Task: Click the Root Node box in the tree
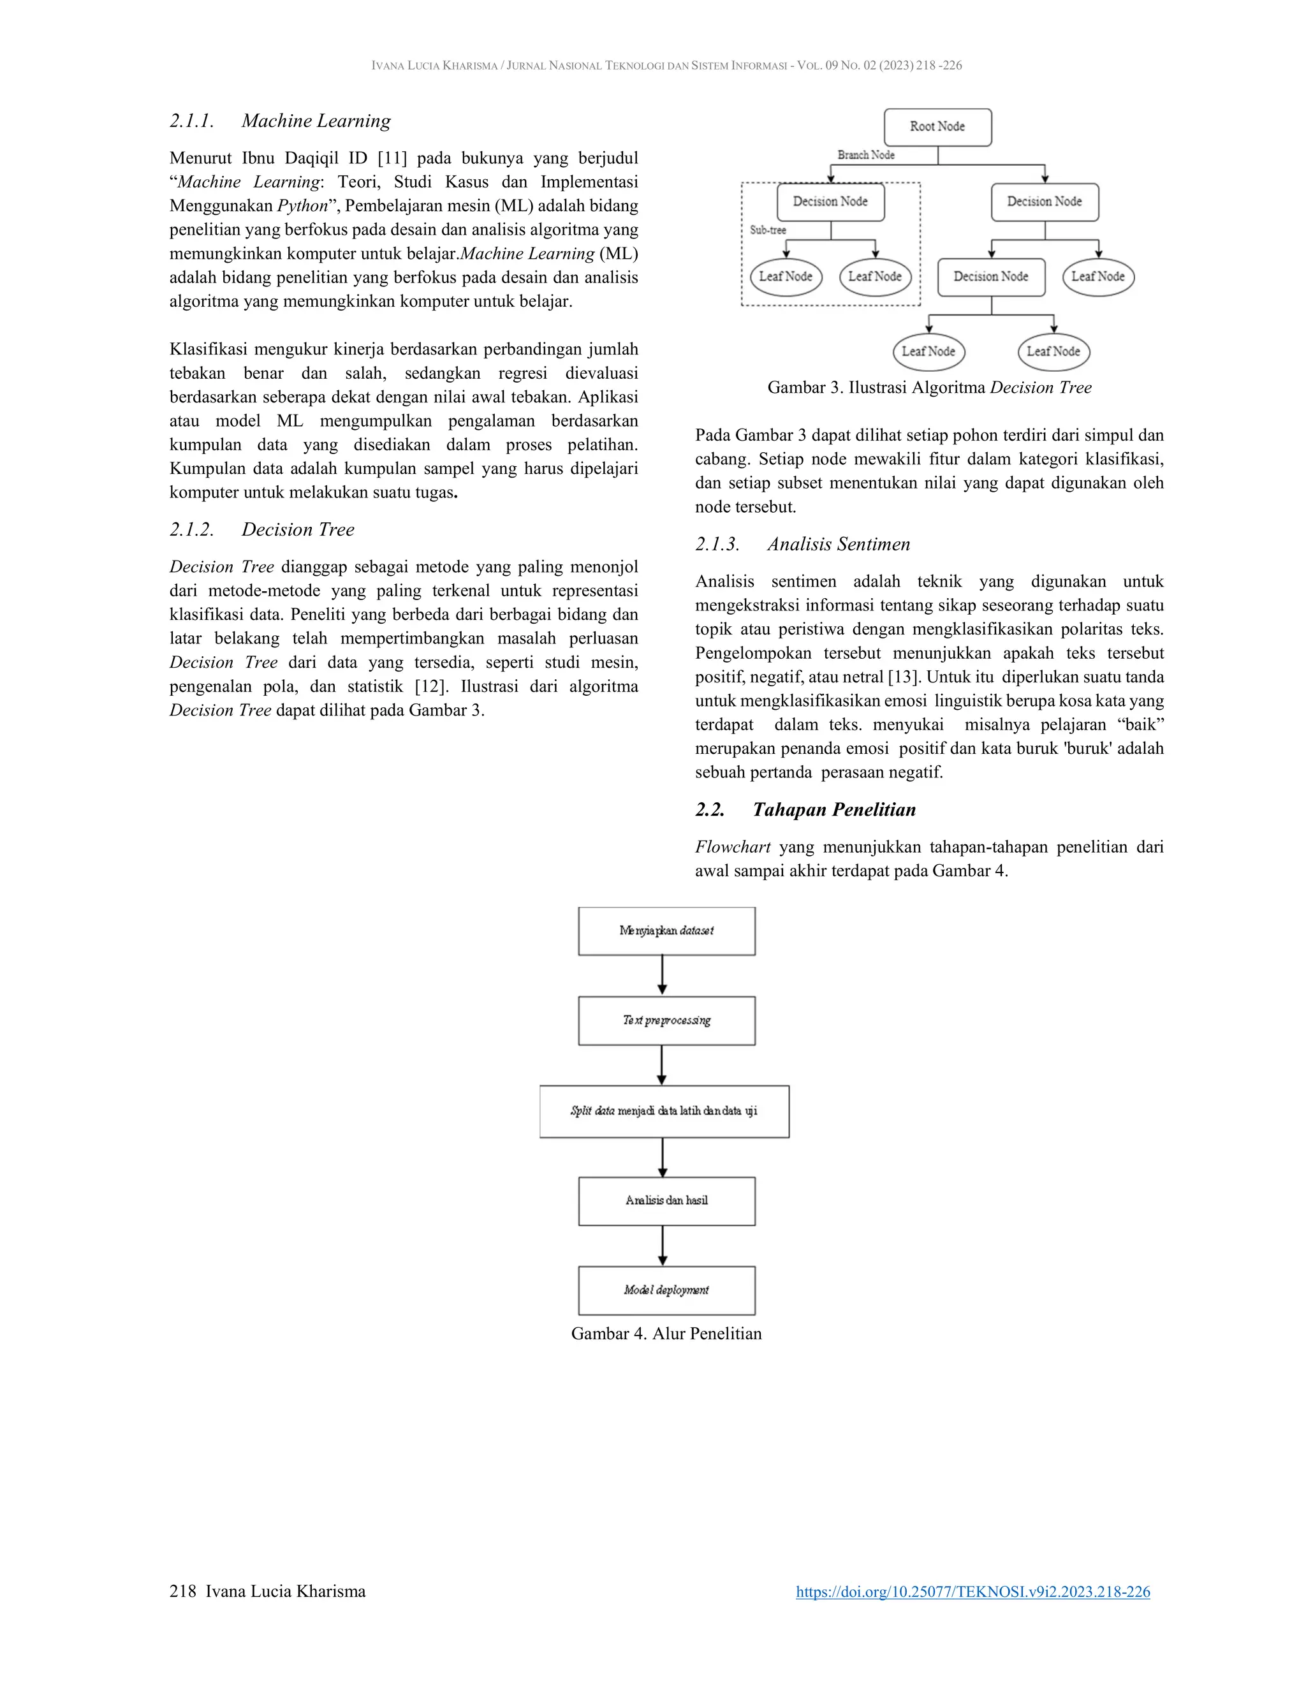click(x=937, y=127)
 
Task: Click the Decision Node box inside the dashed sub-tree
click(x=830, y=202)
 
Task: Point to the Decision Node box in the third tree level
click(x=990, y=277)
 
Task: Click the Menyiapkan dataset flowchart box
click(x=666, y=931)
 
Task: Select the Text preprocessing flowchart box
click(x=666, y=1020)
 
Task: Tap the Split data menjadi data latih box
click(x=664, y=1111)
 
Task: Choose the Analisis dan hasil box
click(x=666, y=1201)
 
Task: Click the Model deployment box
click(x=666, y=1290)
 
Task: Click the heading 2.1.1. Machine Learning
click(x=280, y=121)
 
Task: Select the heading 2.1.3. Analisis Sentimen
click(x=802, y=544)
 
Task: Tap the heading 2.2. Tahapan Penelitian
click(x=805, y=809)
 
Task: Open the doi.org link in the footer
click(x=972, y=1592)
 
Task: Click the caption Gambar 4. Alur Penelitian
click(x=666, y=1334)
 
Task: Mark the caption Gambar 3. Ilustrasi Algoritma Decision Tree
click(x=929, y=388)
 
